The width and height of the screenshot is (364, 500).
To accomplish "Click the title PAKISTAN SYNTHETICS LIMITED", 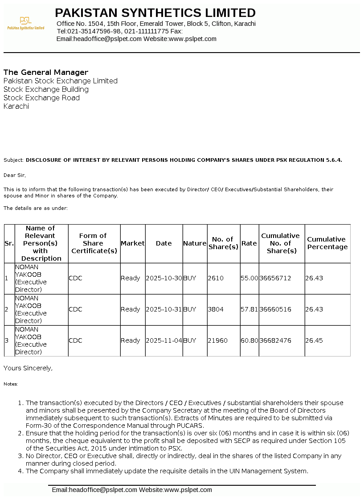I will pyautogui.click(x=155, y=12).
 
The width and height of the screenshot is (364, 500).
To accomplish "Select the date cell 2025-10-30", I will pyautogui.click(x=164, y=278).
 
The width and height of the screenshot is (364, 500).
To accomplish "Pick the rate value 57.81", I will pyautogui.click(x=249, y=309).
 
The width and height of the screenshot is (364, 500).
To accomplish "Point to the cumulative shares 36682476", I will pyautogui.click(x=275, y=340).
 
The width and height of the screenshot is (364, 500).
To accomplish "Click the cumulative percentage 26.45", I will pyautogui.click(x=314, y=340).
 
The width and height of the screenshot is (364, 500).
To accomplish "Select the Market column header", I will pyautogui.click(x=132, y=243).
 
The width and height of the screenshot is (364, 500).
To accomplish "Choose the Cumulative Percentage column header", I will pyautogui.click(x=327, y=243).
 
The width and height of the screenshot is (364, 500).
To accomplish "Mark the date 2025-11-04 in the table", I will pyautogui.click(x=164, y=340).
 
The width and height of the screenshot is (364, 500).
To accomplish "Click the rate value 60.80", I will pyautogui.click(x=249, y=340).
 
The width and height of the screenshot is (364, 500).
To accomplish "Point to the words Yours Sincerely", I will pyautogui.click(x=28, y=368).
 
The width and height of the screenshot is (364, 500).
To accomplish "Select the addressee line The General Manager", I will pyautogui.click(x=46, y=72).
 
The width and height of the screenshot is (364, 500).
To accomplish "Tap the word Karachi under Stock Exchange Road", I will pyautogui.click(x=16, y=107).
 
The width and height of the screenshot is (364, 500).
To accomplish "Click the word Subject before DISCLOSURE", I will pyautogui.click(x=13, y=160).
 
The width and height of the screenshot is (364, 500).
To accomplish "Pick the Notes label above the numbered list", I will pyautogui.click(x=11, y=384).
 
